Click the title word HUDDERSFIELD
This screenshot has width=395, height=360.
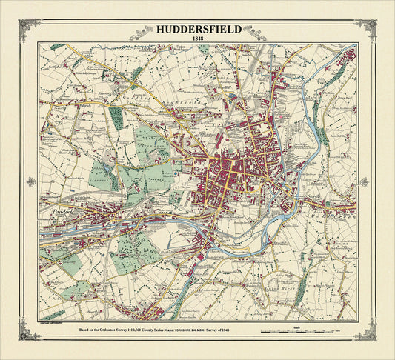(x=197, y=30)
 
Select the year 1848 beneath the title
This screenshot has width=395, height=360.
(x=197, y=39)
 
